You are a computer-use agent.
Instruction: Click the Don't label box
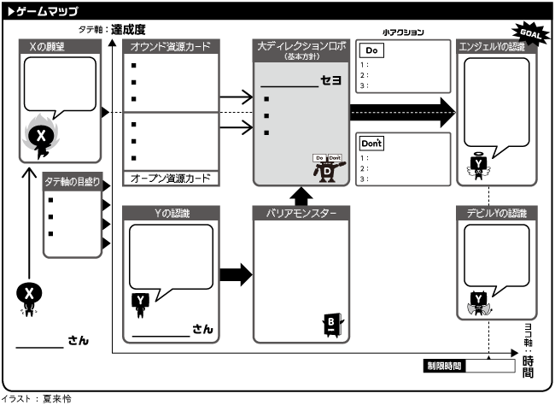point(371,142)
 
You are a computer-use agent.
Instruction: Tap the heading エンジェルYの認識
point(497,46)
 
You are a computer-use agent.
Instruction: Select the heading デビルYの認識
point(497,213)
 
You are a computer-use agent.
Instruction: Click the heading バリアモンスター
point(301,213)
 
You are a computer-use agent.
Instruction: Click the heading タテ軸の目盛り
point(72,181)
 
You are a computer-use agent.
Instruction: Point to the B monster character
point(331,323)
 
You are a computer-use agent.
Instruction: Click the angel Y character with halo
point(480,164)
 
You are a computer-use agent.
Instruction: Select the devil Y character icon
point(480,300)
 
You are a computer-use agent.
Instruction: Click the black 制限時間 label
point(444,366)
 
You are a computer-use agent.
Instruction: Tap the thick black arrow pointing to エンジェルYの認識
point(401,111)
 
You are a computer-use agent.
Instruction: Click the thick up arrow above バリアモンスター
point(301,196)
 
